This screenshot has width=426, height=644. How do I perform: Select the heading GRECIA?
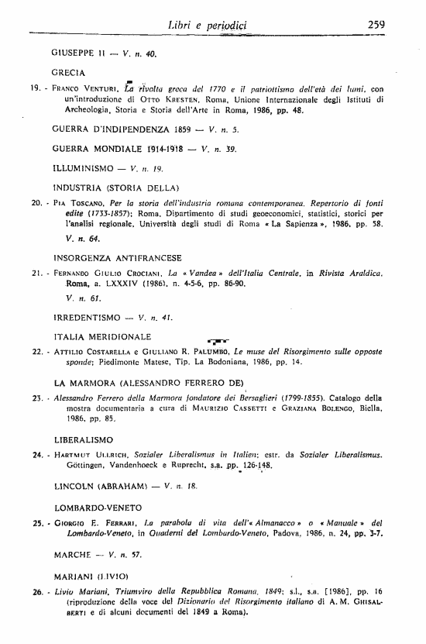[x=67, y=71]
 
